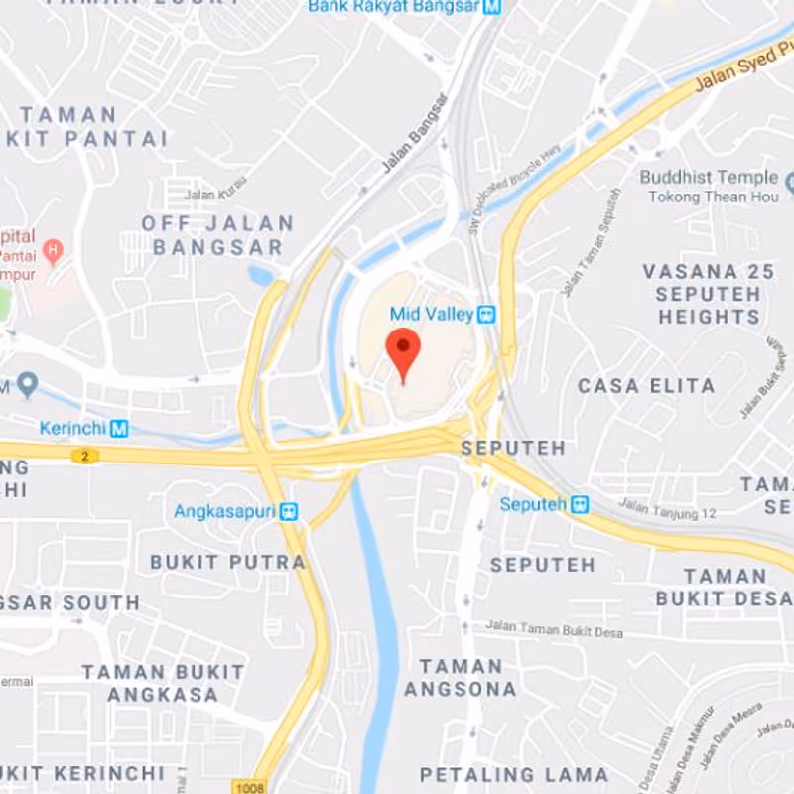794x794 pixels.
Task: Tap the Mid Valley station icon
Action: [485, 315]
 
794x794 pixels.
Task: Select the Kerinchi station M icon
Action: [120, 429]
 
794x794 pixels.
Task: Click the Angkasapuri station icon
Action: [290, 512]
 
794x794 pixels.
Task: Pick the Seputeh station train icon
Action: [579, 504]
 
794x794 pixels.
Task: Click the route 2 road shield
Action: [84, 456]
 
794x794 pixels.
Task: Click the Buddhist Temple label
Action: [709, 177]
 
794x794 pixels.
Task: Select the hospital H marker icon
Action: [54, 248]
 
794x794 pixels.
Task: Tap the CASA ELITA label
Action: [646, 386]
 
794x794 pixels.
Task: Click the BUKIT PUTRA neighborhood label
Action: [227, 562]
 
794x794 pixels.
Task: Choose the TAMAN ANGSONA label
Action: [461, 677]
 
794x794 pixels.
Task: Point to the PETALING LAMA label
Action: [514, 774]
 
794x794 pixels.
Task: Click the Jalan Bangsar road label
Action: [415, 133]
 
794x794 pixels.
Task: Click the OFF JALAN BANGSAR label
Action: [217, 235]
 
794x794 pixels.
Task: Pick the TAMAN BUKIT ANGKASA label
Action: [163, 683]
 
